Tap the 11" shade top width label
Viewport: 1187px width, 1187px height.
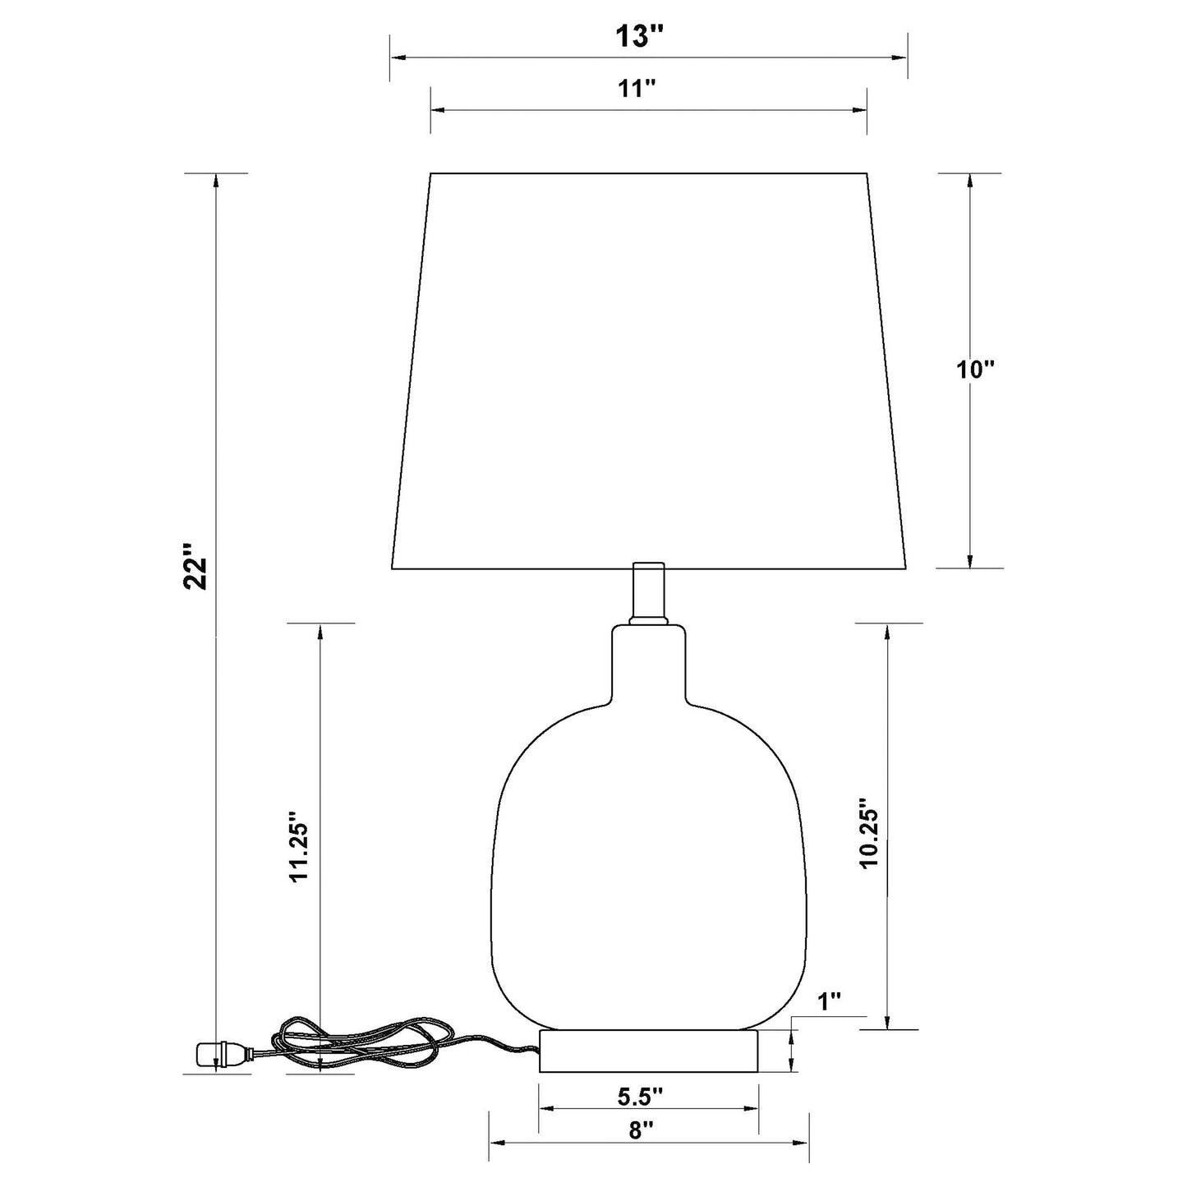tap(637, 89)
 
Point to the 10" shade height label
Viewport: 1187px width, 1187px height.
tap(975, 370)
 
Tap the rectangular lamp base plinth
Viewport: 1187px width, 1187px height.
tap(647, 1051)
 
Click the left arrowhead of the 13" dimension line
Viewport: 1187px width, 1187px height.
tap(397, 58)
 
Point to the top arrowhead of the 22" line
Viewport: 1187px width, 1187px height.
tap(216, 181)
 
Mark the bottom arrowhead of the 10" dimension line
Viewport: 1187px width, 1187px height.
tap(970, 560)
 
